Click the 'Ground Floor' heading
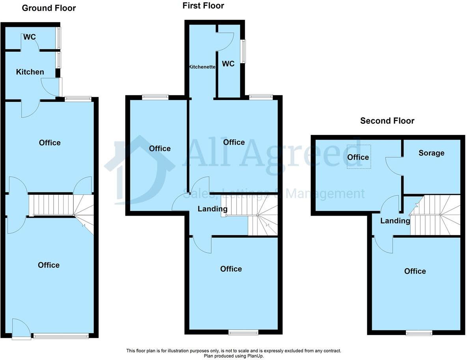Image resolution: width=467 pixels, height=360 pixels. point(49,8)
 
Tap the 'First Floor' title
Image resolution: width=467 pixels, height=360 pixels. point(203,6)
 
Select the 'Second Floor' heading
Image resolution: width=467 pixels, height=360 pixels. point(387,121)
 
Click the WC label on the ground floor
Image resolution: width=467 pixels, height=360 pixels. point(30,37)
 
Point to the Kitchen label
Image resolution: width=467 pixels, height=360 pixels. point(30,72)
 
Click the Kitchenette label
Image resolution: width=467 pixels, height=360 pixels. point(202,67)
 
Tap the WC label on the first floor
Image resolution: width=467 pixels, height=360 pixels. point(228,63)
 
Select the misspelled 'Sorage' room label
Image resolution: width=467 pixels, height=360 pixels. point(431,153)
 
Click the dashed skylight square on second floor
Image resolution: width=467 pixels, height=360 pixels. point(359,157)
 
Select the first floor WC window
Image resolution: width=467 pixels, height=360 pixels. point(244,51)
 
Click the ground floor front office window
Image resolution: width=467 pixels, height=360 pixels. point(61,336)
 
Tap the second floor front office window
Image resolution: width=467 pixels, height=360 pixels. point(419,333)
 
